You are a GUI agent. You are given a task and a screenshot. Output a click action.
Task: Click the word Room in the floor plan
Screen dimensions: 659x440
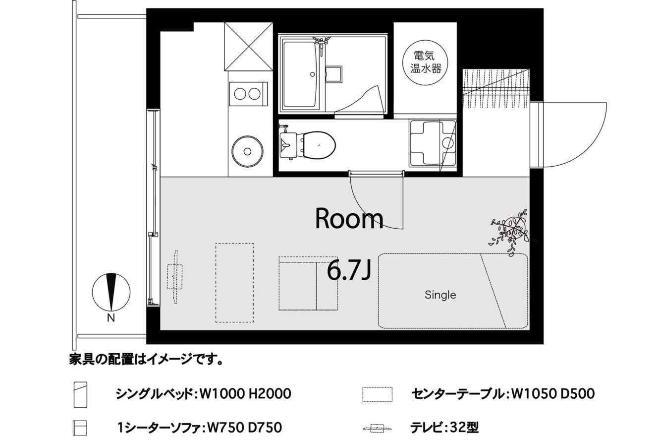349,219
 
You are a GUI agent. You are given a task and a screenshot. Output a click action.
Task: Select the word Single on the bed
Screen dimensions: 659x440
440,295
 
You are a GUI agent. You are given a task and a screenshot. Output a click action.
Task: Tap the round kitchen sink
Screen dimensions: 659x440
247,151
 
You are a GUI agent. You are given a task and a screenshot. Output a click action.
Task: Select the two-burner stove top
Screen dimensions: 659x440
248,94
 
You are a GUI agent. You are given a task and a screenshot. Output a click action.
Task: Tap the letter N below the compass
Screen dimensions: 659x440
111,318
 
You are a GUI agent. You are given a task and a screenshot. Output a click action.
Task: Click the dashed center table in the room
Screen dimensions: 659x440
234,282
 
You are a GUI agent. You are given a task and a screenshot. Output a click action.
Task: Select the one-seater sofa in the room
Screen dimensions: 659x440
308,283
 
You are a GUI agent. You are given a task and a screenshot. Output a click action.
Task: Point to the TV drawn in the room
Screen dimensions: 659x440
175,276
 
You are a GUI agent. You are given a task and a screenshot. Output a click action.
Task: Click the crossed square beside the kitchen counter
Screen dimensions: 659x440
249,47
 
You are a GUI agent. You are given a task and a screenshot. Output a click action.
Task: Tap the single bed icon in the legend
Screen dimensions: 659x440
80,395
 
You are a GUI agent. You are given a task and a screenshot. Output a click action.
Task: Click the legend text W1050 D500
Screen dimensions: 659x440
553,394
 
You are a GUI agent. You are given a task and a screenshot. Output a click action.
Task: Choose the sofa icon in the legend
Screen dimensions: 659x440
80,428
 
